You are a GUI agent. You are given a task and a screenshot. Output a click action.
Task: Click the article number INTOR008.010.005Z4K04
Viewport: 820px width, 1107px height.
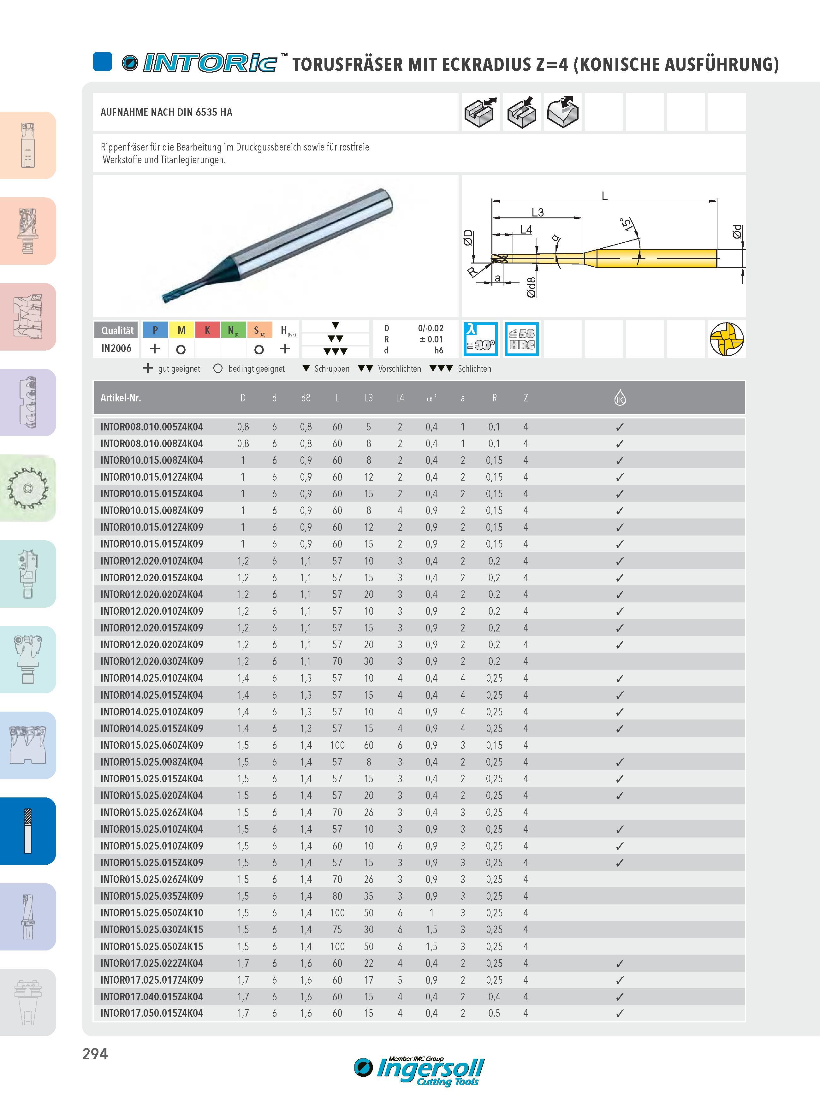pyautogui.click(x=152, y=427)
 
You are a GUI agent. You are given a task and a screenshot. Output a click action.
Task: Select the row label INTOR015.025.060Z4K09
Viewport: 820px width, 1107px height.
pyautogui.click(x=152, y=745)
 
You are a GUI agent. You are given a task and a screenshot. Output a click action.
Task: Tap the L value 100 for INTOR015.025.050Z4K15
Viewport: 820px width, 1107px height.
pyautogui.click(x=337, y=946)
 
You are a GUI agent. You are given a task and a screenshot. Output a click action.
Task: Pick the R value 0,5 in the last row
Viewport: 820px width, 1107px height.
pyautogui.click(x=494, y=1013)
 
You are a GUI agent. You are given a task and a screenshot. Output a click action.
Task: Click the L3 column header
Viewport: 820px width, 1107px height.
pyautogui.click(x=368, y=398)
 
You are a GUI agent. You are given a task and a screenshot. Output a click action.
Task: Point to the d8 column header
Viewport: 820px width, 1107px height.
pyautogui.click(x=306, y=398)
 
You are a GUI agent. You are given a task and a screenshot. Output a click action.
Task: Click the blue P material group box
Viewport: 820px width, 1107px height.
pyautogui.click(x=155, y=330)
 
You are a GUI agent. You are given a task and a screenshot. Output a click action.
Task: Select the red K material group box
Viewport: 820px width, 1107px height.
pyautogui.click(x=207, y=330)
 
